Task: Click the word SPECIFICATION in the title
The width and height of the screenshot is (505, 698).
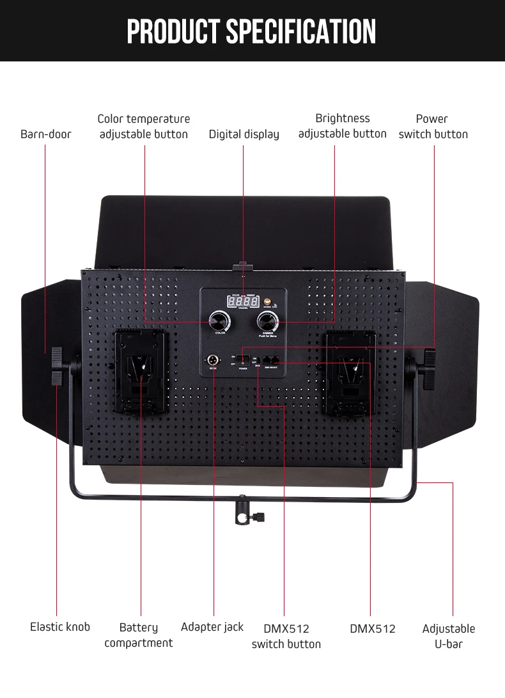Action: pos(301,31)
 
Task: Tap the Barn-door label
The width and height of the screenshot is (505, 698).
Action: pos(46,134)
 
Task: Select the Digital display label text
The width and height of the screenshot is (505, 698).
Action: pos(244,134)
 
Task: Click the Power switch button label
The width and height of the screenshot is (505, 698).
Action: pos(433,127)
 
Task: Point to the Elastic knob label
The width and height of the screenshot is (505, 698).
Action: pos(60,627)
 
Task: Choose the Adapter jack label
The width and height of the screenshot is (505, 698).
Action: pos(212,627)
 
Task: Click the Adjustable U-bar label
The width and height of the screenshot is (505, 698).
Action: pos(448,636)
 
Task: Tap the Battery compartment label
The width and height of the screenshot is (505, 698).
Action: pos(139,635)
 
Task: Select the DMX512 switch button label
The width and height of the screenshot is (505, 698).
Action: pos(286,636)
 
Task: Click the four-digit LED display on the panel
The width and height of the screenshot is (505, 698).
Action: pos(244,301)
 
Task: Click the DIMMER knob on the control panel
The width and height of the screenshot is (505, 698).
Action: pos(267,320)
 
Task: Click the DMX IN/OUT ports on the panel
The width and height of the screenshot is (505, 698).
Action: pos(271,360)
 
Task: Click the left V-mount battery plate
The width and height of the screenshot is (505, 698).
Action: pos(141,373)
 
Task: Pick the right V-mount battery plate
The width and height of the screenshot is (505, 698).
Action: pos(350,373)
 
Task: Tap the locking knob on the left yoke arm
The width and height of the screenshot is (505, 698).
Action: pos(57,367)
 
